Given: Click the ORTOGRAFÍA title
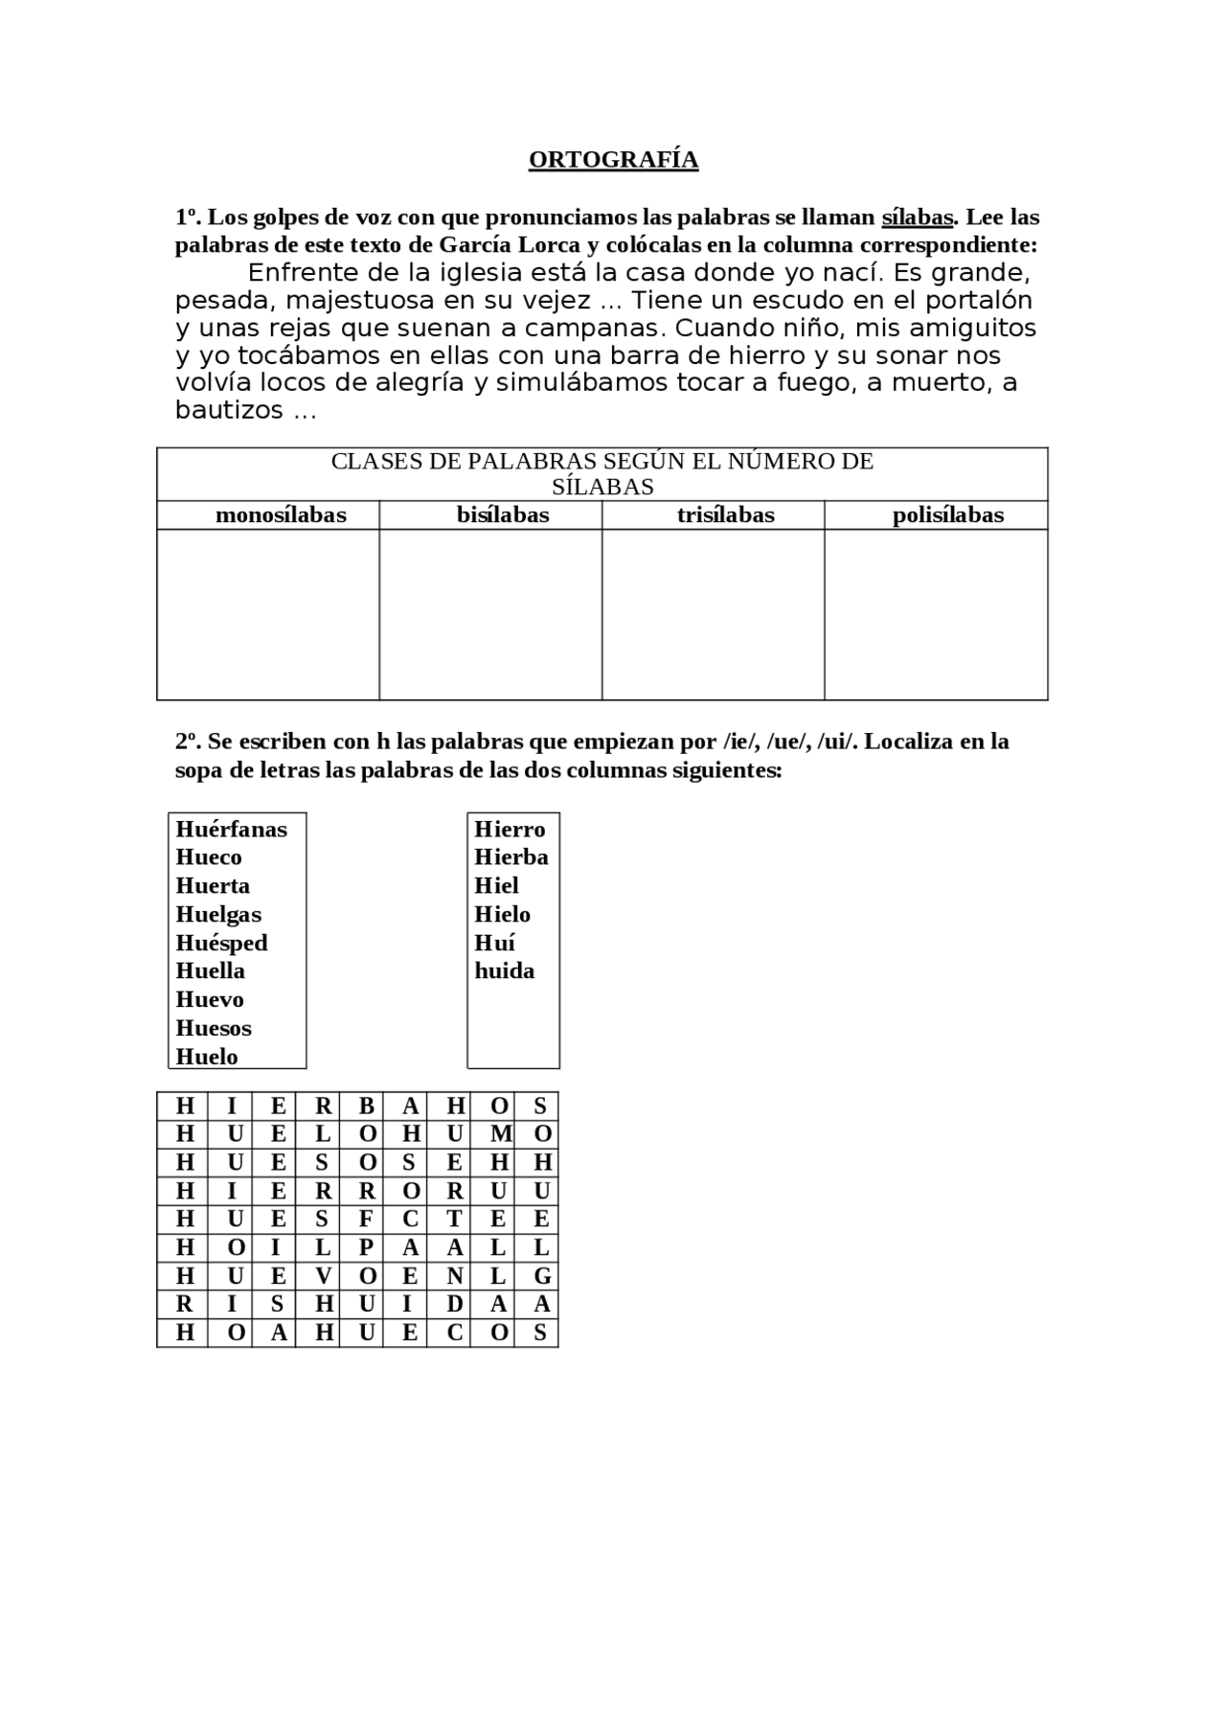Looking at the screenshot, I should (613, 159).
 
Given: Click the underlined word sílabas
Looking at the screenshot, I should (917, 217).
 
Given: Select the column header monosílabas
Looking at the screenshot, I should (281, 515).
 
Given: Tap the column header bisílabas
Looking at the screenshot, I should (503, 515).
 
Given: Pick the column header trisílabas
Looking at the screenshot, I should (725, 515).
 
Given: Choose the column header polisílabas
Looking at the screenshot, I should (947, 515).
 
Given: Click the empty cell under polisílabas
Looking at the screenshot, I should (936, 614).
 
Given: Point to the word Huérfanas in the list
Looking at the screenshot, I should (231, 829).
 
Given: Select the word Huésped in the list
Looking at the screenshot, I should (221, 943).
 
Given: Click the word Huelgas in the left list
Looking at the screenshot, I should (218, 914).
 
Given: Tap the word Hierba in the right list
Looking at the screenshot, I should (511, 856).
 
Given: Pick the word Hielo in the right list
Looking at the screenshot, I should (502, 914).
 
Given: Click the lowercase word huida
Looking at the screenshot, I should (504, 970).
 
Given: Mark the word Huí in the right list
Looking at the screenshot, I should (494, 943).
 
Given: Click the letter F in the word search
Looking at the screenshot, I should (366, 1219).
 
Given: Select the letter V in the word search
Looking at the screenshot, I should (323, 1276).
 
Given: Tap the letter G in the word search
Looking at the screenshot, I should (541, 1276).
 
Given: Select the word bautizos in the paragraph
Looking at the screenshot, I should (229, 410).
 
